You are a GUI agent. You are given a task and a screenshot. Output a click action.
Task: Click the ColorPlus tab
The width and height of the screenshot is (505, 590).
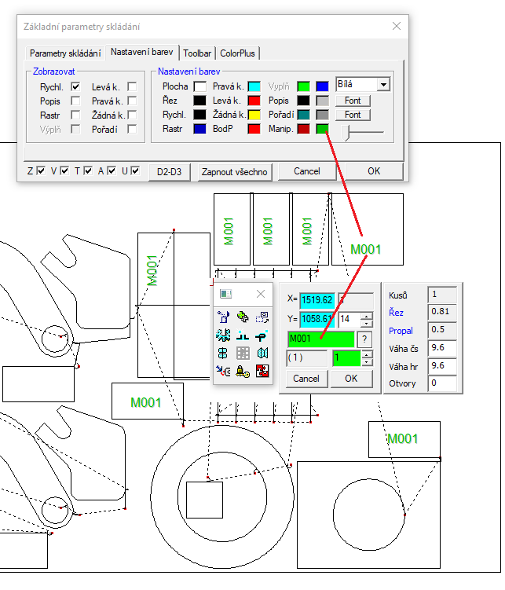click(x=237, y=53)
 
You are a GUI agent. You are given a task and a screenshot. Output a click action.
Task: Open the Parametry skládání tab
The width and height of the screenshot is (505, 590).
click(x=65, y=53)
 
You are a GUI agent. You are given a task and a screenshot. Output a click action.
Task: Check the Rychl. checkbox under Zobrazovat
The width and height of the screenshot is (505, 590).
click(x=75, y=86)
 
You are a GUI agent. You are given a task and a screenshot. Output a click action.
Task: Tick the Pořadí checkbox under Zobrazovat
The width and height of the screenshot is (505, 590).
click(x=132, y=129)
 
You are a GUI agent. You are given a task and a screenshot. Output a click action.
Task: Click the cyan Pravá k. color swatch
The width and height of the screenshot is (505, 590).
click(x=254, y=86)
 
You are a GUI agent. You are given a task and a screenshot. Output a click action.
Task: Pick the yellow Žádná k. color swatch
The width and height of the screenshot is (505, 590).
click(x=254, y=115)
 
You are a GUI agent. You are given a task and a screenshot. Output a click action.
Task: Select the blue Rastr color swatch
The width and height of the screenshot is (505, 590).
click(x=199, y=129)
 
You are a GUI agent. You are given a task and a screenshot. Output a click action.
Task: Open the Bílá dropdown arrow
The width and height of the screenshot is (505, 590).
click(x=383, y=84)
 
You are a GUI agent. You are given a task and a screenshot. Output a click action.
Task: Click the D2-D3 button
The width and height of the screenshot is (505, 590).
click(x=169, y=172)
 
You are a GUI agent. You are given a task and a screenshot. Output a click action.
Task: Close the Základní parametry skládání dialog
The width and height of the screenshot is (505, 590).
click(x=397, y=26)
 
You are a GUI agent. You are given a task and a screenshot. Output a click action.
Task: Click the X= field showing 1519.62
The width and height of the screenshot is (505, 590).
click(x=317, y=300)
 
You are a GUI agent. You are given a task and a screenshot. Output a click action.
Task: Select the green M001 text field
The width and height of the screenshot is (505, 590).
click(x=320, y=339)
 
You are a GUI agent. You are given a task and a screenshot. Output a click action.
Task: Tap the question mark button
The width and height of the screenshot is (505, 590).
click(x=364, y=339)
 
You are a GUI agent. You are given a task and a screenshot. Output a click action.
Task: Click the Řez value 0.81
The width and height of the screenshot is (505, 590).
click(x=442, y=312)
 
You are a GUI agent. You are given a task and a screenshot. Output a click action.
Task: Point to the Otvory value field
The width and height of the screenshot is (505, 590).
click(x=442, y=383)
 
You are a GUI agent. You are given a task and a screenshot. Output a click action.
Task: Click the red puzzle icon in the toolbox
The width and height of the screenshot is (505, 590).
click(x=262, y=371)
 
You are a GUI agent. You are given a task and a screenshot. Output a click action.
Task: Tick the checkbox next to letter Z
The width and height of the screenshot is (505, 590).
click(x=41, y=170)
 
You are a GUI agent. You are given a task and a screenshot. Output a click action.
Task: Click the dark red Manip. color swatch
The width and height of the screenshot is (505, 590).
click(x=303, y=129)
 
